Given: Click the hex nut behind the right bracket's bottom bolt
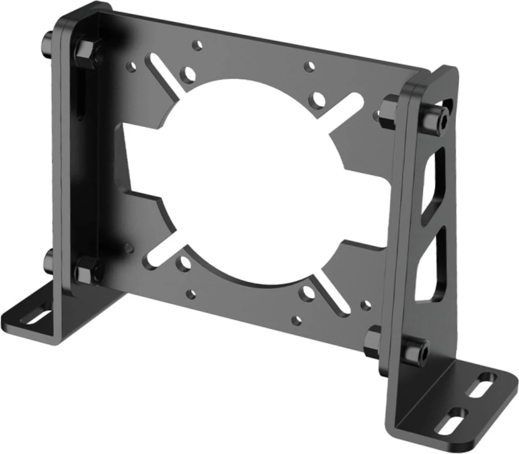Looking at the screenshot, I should pos(373,342).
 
